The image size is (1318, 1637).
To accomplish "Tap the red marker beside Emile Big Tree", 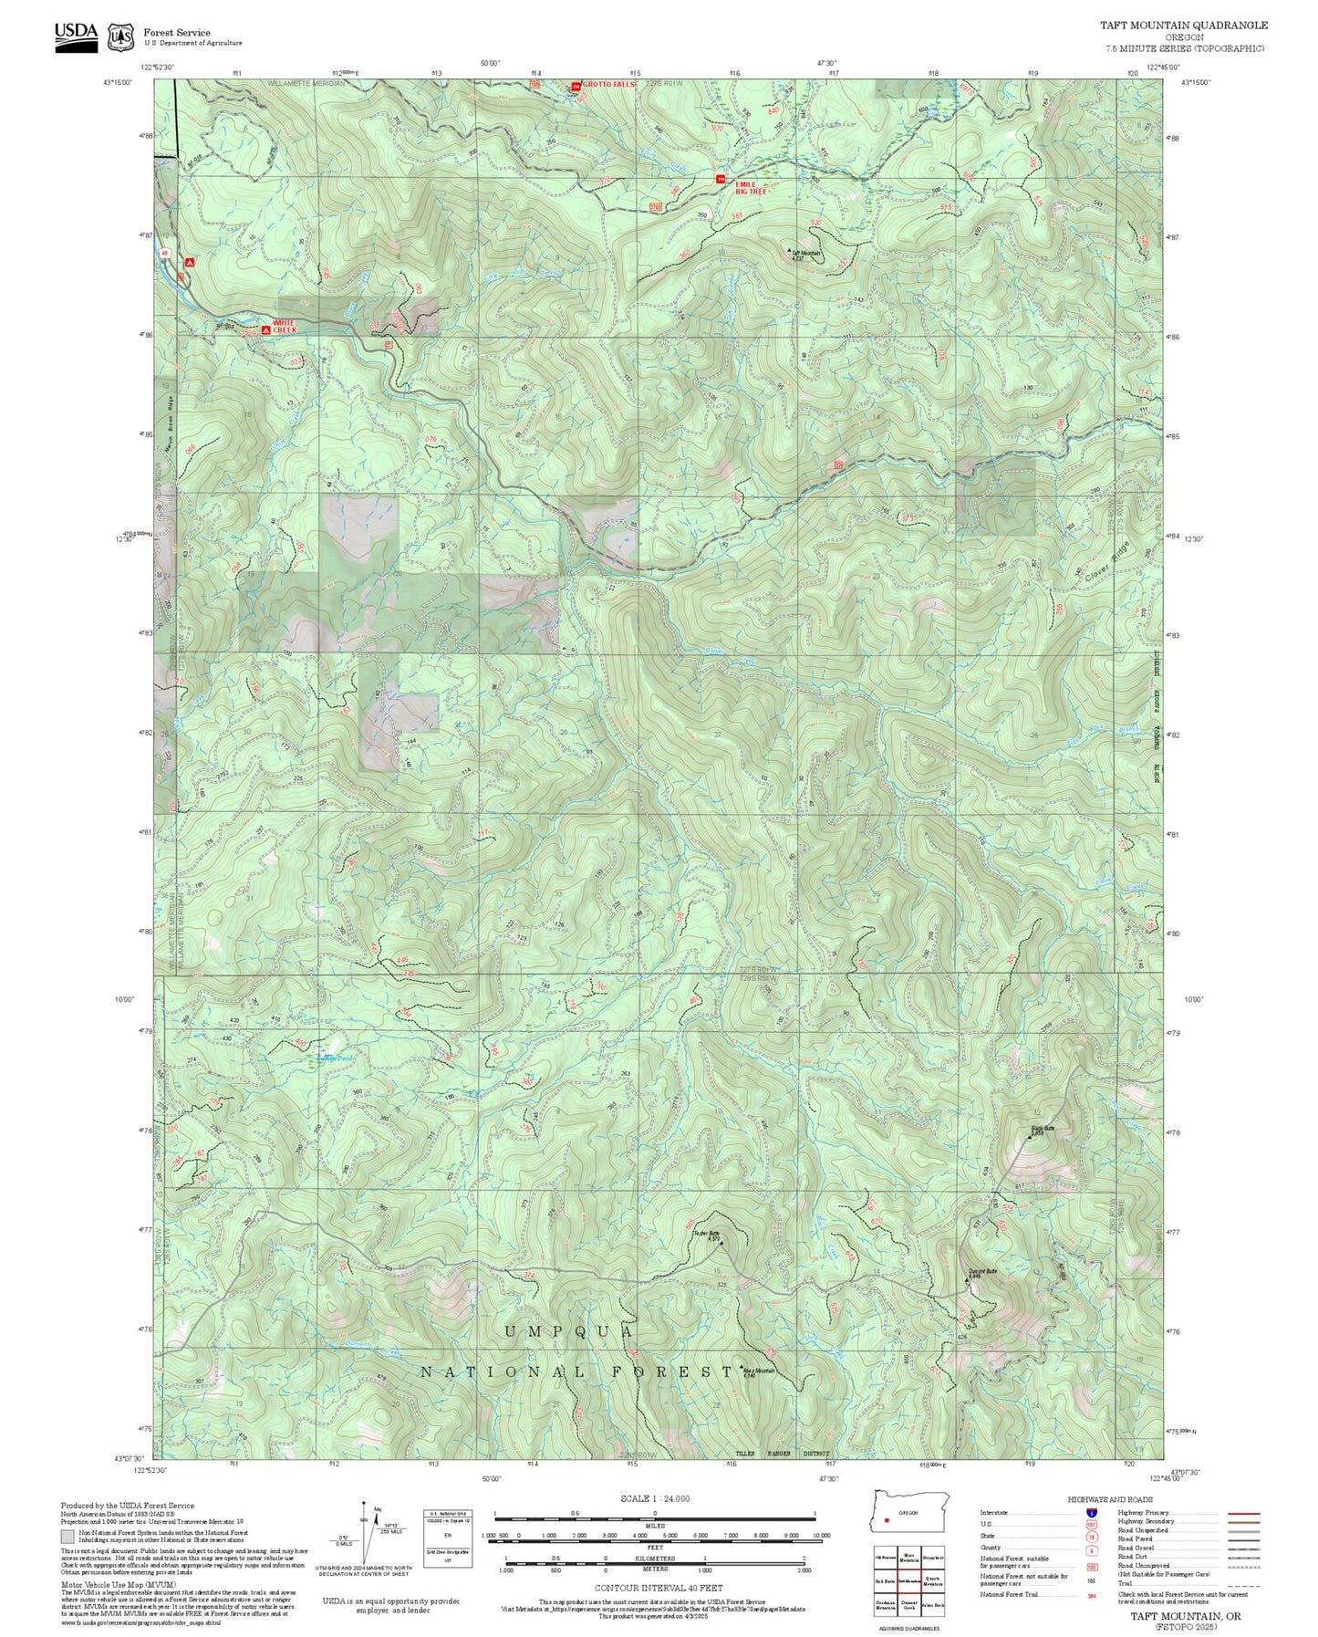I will [720, 178].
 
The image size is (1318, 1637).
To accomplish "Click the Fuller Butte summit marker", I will [721, 1242].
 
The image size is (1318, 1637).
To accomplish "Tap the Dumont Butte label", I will [981, 1272].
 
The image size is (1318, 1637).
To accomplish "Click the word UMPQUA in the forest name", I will [568, 1333].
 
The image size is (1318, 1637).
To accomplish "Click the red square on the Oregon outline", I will [886, 1521].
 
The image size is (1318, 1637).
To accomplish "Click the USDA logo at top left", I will [76, 33].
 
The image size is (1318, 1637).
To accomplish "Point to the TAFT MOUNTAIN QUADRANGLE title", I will [1183, 26].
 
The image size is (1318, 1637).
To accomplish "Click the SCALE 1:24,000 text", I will [655, 1498].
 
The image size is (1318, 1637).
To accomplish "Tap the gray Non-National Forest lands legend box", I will [67, 1537].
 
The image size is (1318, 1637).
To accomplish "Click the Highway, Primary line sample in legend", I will [1243, 1513].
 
